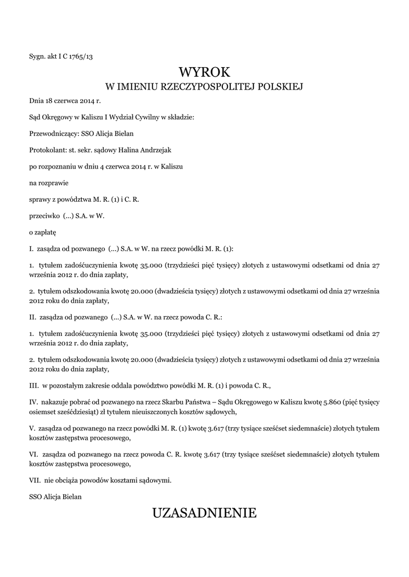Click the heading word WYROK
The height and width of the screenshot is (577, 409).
click(x=204, y=72)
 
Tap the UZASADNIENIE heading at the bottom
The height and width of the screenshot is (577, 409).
click(x=204, y=513)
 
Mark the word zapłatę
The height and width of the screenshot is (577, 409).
click(x=46, y=232)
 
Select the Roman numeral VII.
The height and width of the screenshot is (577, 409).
click(x=34, y=480)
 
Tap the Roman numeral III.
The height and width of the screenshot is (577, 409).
click(x=33, y=386)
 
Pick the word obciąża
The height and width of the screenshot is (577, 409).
click(x=66, y=480)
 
